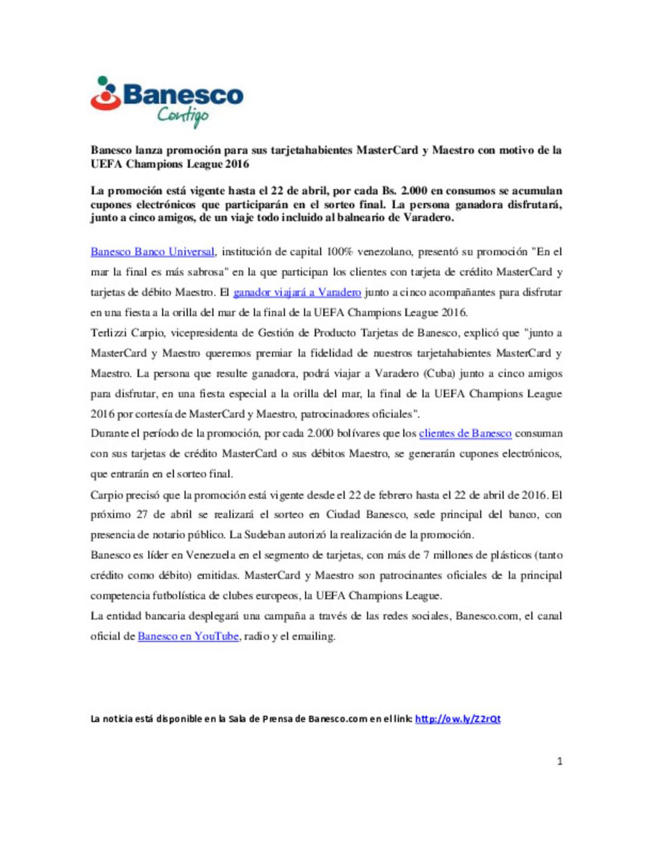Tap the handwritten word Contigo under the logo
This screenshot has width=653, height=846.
coord(183,115)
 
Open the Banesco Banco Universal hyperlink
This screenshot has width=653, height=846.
coord(152,252)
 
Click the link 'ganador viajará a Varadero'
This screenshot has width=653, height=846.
coord(297,292)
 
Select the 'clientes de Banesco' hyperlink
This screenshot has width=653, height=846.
coord(465,433)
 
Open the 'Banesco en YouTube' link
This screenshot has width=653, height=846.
coord(188,636)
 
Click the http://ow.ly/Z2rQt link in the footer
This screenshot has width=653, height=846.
coord(458,719)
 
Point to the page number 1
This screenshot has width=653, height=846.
coord(559,761)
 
